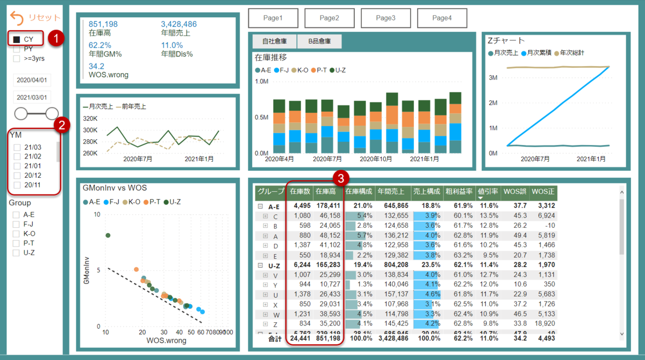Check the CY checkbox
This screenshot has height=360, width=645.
17,40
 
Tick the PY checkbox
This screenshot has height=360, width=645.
17,49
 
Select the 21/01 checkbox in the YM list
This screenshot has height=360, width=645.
17,166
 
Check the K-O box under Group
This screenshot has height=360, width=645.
16,234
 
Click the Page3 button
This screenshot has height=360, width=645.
385,18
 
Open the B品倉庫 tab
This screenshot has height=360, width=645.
319,41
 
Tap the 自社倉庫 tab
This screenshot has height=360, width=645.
274,41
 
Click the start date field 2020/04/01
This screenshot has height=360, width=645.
32,80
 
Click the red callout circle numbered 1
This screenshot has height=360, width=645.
56,38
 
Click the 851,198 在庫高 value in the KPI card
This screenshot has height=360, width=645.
103,24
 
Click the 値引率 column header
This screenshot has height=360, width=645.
489,191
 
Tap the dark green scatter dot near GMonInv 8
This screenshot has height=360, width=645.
107,235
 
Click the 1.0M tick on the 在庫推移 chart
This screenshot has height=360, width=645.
261,81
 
